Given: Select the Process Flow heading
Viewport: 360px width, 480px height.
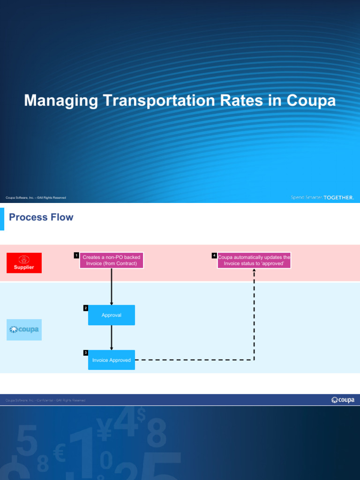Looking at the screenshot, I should coord(41,217).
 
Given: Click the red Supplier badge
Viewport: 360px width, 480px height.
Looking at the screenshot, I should coord(24,262).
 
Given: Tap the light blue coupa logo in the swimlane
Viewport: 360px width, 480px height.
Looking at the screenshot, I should coord(24,330).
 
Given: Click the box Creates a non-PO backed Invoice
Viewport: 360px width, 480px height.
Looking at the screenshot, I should coord(111,261).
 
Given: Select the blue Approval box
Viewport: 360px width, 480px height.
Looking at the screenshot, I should coord(111,315).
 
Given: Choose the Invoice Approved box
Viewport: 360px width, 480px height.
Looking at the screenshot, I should coord(111,360).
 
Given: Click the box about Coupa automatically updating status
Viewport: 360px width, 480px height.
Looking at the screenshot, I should coord(254,261).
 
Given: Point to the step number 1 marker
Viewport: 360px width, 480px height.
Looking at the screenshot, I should coord(76,255).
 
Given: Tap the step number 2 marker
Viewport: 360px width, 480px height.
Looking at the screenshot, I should coord(85,308).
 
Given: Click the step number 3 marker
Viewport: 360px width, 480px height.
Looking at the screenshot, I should coord(85,352).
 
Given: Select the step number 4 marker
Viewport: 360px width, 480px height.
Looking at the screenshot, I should coord(214,255).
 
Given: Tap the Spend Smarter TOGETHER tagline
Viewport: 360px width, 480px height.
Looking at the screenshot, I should coord(322,198).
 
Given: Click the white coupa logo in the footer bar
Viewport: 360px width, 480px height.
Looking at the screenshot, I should coord(343,400).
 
